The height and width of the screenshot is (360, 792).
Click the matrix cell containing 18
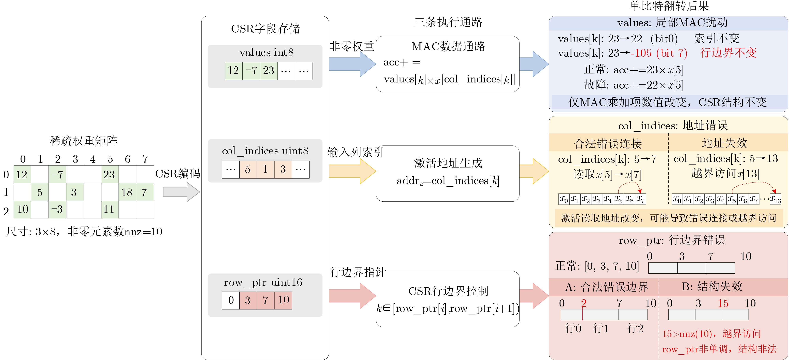127,192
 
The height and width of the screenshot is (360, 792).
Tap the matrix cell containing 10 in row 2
22,209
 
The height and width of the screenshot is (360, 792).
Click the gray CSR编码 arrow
181,192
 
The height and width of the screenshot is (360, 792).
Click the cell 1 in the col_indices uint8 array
265,169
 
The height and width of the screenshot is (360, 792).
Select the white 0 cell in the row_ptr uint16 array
231,300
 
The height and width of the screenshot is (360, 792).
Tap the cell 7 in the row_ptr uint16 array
265,300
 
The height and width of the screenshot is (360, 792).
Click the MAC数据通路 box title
448,46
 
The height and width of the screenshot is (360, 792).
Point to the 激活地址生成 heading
448,163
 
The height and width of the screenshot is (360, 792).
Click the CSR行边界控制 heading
448,291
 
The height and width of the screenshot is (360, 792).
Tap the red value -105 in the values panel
641,53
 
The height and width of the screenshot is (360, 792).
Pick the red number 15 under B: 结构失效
723,303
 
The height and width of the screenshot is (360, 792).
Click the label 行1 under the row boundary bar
601,328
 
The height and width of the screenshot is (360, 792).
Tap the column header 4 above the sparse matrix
92,159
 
